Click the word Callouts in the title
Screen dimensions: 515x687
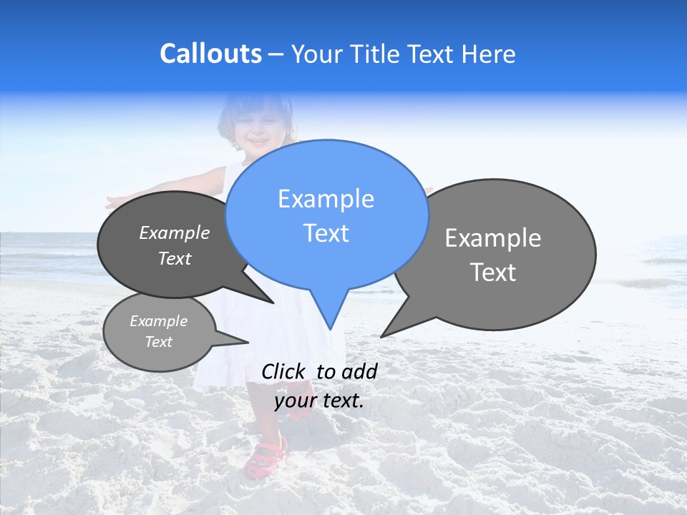pos(210,54)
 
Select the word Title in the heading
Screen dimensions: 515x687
pos(371,54)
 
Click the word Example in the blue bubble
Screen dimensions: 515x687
pos(326,199)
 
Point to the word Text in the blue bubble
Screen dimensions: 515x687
pos(326,233)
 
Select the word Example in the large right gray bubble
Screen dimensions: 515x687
pos(493,238)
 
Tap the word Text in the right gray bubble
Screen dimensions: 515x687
pos(493,273)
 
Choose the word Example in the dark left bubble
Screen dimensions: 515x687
pos(175,233)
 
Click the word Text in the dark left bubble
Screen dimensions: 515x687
pos(175,258)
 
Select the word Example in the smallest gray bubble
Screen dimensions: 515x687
pos(158,321)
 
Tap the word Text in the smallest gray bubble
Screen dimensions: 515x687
pos(158,342)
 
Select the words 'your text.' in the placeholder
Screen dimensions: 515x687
pos(319,401)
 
